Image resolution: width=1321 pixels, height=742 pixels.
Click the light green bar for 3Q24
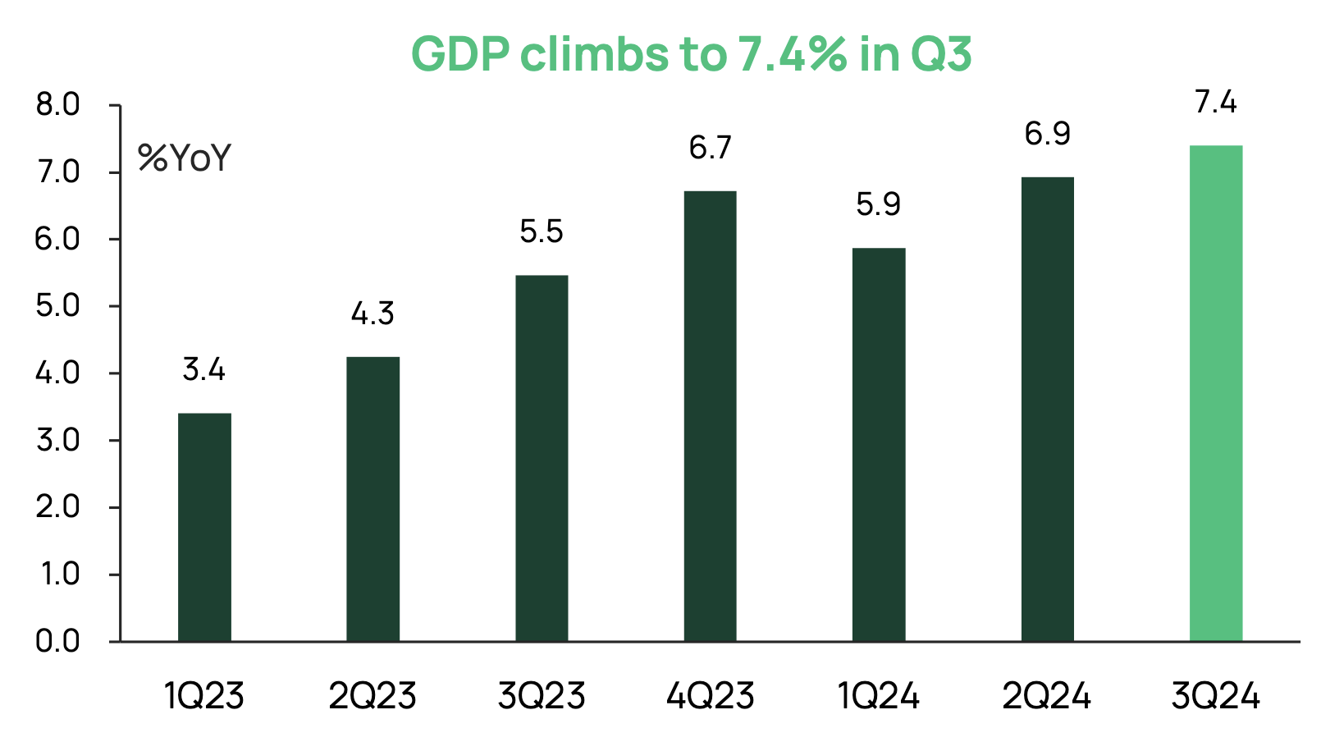coord(1216,394)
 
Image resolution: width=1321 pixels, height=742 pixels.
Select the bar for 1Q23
coord(204,527)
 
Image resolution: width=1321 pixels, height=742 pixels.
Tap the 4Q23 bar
coord(711,416)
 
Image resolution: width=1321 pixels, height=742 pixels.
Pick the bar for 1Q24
coord(879,444)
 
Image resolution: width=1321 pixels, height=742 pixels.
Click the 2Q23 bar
coord(373,499)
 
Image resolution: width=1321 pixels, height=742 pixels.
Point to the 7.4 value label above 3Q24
coord(1216,103)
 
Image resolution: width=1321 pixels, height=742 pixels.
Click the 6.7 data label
coord(711,148)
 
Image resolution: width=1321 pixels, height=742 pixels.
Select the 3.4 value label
coord(204,369)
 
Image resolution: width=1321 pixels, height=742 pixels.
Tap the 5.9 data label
coord(879,204)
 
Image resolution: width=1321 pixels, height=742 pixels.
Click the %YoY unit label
coord(185,158)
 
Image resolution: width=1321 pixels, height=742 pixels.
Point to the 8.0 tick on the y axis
coord(57,105)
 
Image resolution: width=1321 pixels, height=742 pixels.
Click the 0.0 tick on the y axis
coord(57,641)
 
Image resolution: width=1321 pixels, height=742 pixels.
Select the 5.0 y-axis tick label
coord(57,306)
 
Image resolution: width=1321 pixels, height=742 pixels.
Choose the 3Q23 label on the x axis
coord(542,697)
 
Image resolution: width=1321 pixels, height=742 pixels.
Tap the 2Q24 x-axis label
coord(1047,697)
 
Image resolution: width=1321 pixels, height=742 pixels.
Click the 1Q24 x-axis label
coord(879,697)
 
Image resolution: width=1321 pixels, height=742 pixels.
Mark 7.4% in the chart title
coord(792,54)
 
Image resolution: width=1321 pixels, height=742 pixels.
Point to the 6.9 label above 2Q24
coord(1047,134)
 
